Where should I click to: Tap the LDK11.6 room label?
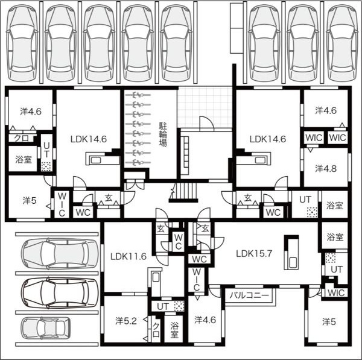click(129, 256)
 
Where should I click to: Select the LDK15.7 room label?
click(254, 253)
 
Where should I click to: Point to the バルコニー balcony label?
click(249, 295)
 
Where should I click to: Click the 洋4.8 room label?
click(326, 169)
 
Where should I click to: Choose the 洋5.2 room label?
click(126, 321)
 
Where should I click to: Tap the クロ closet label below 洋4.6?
click(21, 138)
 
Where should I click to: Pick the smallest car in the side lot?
click(45, 327)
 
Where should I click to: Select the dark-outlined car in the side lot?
click(59, 293)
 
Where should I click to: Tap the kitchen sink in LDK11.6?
click(156, 277)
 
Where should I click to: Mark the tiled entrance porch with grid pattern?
click(205, 107)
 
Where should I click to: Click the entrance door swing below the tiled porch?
click(206, 123)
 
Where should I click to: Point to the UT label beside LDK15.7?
click(337, 270)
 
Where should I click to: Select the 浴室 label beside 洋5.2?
click(174, 330)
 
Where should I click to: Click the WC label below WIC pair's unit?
click(273, 212)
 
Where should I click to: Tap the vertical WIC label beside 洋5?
click(62, 204)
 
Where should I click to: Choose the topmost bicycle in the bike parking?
click(138, 95)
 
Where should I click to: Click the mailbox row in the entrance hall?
click(185, 152)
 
